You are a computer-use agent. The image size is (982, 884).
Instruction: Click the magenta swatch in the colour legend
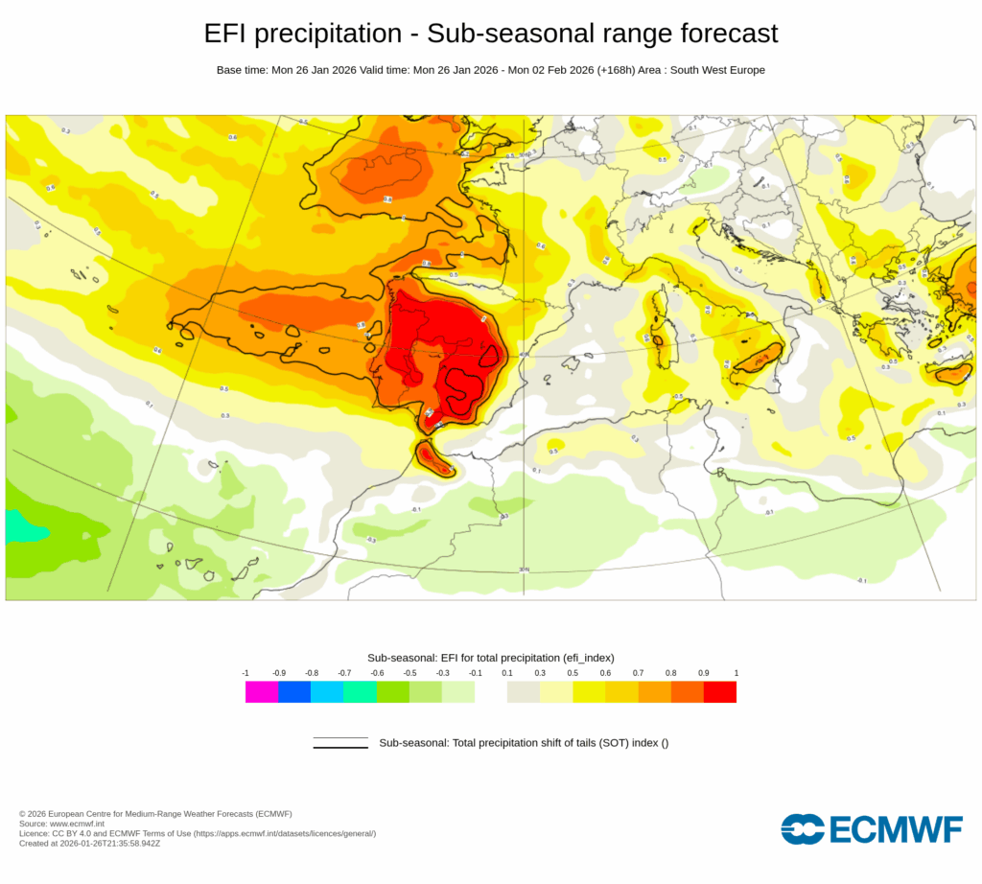pos(262,691)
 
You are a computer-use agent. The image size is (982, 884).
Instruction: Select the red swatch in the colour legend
pos(719,691)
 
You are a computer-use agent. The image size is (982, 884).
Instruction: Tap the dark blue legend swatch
pos(294,691)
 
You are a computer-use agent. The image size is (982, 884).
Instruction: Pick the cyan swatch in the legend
pos(327,691)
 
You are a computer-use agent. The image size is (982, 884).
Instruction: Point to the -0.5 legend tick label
pos(409,674)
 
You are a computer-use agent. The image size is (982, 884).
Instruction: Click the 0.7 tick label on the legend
pos(638,674)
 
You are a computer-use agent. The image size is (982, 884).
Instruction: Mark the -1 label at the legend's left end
pos(246,674)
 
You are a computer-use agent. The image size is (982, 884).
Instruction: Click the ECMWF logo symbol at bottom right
pos(803,829)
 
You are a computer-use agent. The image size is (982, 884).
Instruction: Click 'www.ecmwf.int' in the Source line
pos(79,824)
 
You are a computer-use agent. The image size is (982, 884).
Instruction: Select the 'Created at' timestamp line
pos(89,844)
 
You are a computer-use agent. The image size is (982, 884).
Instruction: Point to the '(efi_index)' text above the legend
pos(582,657)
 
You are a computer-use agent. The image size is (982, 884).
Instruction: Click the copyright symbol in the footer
pos(22,814)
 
